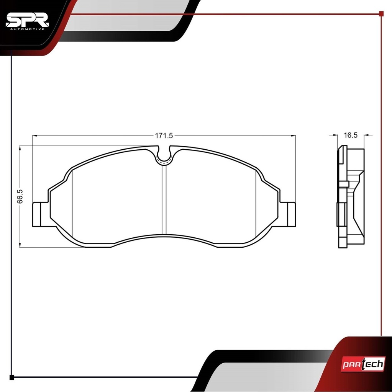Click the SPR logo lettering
[27, 20]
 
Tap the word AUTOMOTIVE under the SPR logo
[28, 29]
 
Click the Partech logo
[363, 364]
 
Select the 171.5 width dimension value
[164, 136]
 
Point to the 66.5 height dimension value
[20, 196]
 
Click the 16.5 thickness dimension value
[351, 135]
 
